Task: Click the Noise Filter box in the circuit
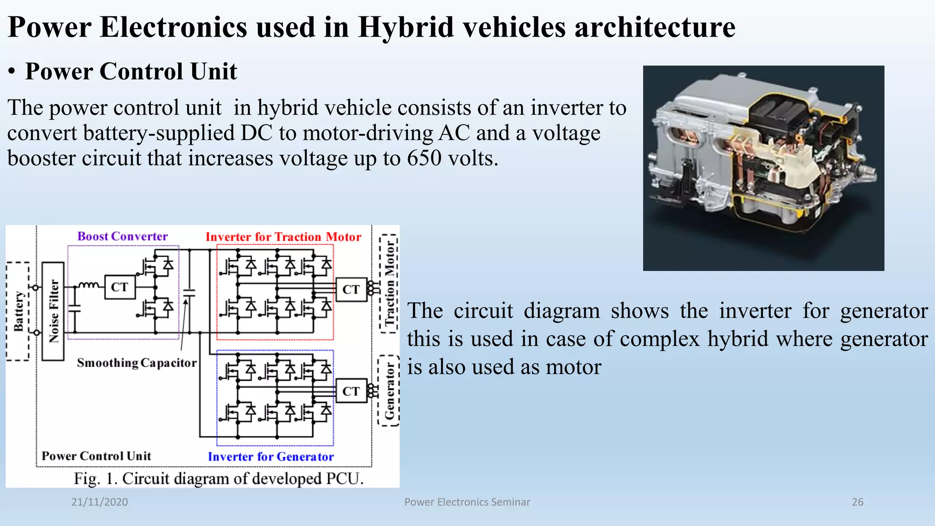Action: [x=53, y=311]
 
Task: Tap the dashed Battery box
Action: [x=18, y=311]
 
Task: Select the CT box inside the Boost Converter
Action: [x=120, y=287]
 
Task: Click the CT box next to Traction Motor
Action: [x=351, y=289]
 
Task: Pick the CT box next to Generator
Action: [x=351, y=391]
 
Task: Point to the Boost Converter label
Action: [x=122, y=237]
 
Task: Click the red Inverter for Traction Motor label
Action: [x=283, y=237]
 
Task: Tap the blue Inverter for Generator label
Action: [x=271, y=457]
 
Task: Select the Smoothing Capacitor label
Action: [x=137, y=363]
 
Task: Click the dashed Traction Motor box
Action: [x=389, y=284]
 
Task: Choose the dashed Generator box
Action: [x=389, y=391]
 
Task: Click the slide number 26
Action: [x=857, y=502]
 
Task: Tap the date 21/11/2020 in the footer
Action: [x=100, y=502]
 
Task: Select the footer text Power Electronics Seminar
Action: [x=467, y=502]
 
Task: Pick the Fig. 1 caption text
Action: [x=219, y=479]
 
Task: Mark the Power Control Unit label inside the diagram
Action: [x=96, y=456]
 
